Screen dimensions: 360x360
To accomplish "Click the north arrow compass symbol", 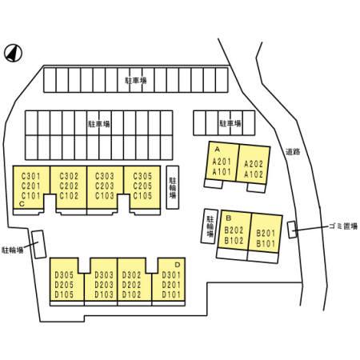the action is [x=13, y=53].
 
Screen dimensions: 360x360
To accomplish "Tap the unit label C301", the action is [x=31, y=176].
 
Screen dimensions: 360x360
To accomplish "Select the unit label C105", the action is [x=142, y=196].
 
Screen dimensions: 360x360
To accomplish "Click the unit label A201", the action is [x=222, y=162].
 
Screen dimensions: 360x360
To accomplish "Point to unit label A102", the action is [x=254, y=174].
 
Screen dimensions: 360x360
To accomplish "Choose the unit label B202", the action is [x=234, y=230].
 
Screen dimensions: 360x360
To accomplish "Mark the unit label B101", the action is [x=266, y=243].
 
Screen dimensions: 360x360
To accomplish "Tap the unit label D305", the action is [x=64, y=275].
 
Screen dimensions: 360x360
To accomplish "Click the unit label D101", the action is [x=171, y=294].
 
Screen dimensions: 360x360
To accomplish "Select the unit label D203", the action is [x=104, y=285].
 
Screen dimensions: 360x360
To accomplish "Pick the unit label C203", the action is [x=105, y=186].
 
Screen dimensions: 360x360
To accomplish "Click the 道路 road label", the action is [x=293, y=152].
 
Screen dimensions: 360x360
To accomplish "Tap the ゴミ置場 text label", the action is [x=343, y=226].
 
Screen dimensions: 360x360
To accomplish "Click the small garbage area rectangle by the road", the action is [x=292, y=230].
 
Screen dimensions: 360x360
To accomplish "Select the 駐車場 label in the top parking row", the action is [x=136, y=80].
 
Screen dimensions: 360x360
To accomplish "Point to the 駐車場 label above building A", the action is [x=230, y=123].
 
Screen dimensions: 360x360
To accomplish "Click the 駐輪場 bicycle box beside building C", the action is [x=173, y=187].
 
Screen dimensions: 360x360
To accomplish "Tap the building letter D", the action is [x=178, y=265].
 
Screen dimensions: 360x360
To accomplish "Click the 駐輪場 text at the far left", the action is [x=12, y=250].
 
